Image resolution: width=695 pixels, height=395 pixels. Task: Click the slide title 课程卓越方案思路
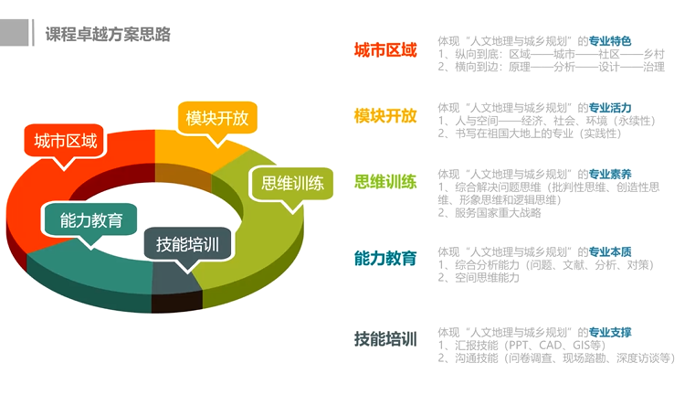108,34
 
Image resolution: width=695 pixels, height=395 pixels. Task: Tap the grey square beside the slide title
15,32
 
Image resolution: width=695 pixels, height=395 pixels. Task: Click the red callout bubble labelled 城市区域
65,142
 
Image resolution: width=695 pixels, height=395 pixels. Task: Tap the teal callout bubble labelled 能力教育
90,221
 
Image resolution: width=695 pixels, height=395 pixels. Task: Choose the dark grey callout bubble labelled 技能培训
187,245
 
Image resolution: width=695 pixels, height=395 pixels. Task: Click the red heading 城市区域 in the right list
385,50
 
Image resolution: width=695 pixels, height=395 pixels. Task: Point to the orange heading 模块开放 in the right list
385,116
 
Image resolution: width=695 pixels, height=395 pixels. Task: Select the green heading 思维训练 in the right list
385,182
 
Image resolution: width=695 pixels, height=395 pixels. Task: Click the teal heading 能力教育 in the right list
385,258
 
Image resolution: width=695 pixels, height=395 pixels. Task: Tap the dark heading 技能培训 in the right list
385,338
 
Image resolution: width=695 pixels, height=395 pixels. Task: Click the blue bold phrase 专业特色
610,41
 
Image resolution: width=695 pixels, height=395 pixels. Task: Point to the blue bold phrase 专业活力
610,107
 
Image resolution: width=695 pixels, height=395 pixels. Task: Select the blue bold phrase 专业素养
610,174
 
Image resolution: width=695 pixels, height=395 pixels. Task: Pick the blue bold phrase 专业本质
610,251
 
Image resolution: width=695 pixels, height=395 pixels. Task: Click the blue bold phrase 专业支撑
610,332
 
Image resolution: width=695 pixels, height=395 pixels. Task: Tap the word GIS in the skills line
581,345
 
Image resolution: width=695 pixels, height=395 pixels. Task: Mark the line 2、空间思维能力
479,277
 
